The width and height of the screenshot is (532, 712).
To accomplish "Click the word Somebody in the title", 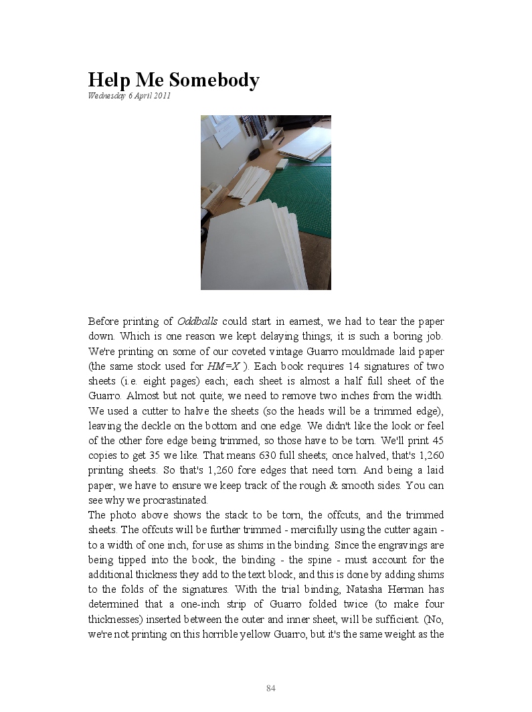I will tap(214, 80).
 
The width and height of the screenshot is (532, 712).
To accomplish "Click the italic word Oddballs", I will tap(197, 322).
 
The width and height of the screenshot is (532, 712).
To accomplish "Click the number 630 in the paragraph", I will tap(268, 455).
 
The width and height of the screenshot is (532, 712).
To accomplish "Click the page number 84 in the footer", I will tap(271, 689).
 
